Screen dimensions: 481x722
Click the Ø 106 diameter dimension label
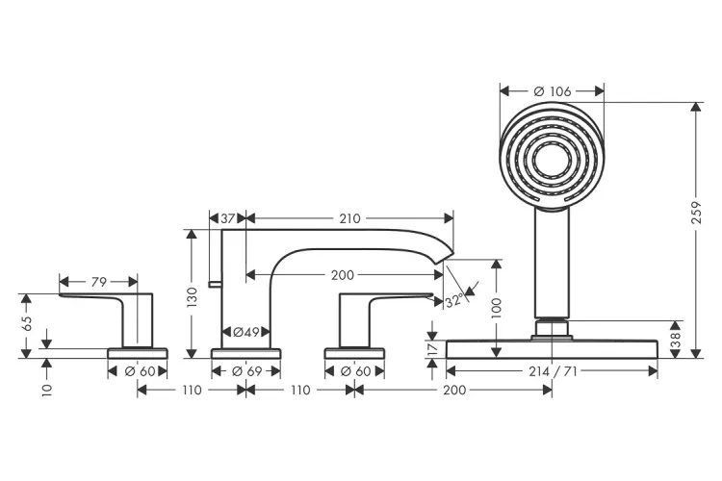[552, 91]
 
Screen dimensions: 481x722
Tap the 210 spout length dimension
[349, 218]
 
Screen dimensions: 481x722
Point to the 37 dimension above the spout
[228, 218]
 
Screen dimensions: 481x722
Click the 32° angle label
[454, 301]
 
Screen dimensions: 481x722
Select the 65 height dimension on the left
[28, 325]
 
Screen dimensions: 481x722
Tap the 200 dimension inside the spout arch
[342, 274]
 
